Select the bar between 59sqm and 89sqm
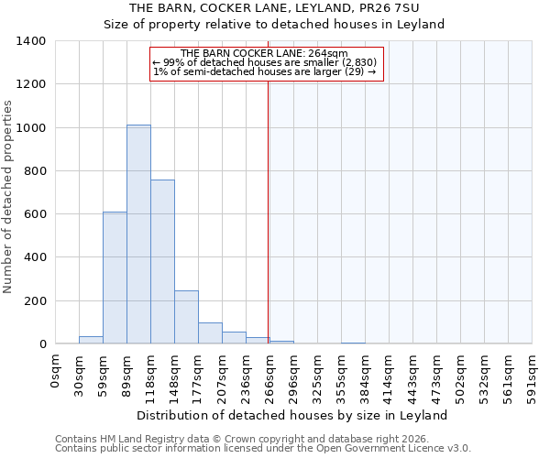(115, 278)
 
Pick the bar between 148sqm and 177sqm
(186, 317)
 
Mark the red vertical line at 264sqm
(268, 211)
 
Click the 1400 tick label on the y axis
(31, 41)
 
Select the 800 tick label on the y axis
(35, 171)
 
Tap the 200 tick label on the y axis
(35, 301)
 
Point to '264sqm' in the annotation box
(329, 54)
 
